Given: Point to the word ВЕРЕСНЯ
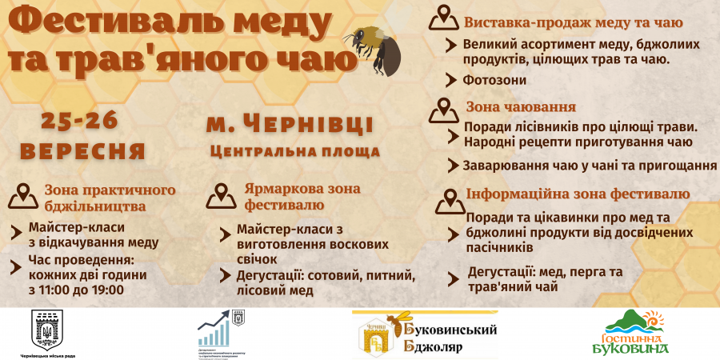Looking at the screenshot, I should (x=83, y=151).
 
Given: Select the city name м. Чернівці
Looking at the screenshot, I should (x=290, y=125).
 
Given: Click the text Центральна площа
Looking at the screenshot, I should (x=294, y=150).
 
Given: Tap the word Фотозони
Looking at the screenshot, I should (x=494, y=80).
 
